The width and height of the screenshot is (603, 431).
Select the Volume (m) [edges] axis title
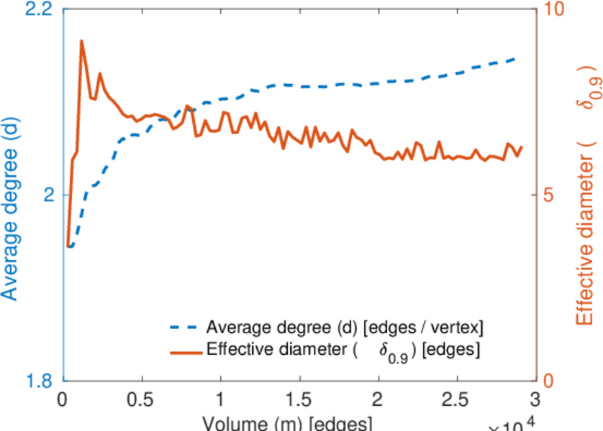pyautogui.click(x=288, y=423)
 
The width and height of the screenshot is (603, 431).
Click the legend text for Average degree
pyautogui.click(x=344, y=328)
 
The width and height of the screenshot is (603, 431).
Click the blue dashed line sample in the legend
pyautogui.click(x=185, y=328)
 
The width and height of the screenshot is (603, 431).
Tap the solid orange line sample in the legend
pyautogui.click(x=185, y=351)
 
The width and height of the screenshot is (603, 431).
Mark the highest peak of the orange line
pyautogui.click(x=81, y=41)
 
